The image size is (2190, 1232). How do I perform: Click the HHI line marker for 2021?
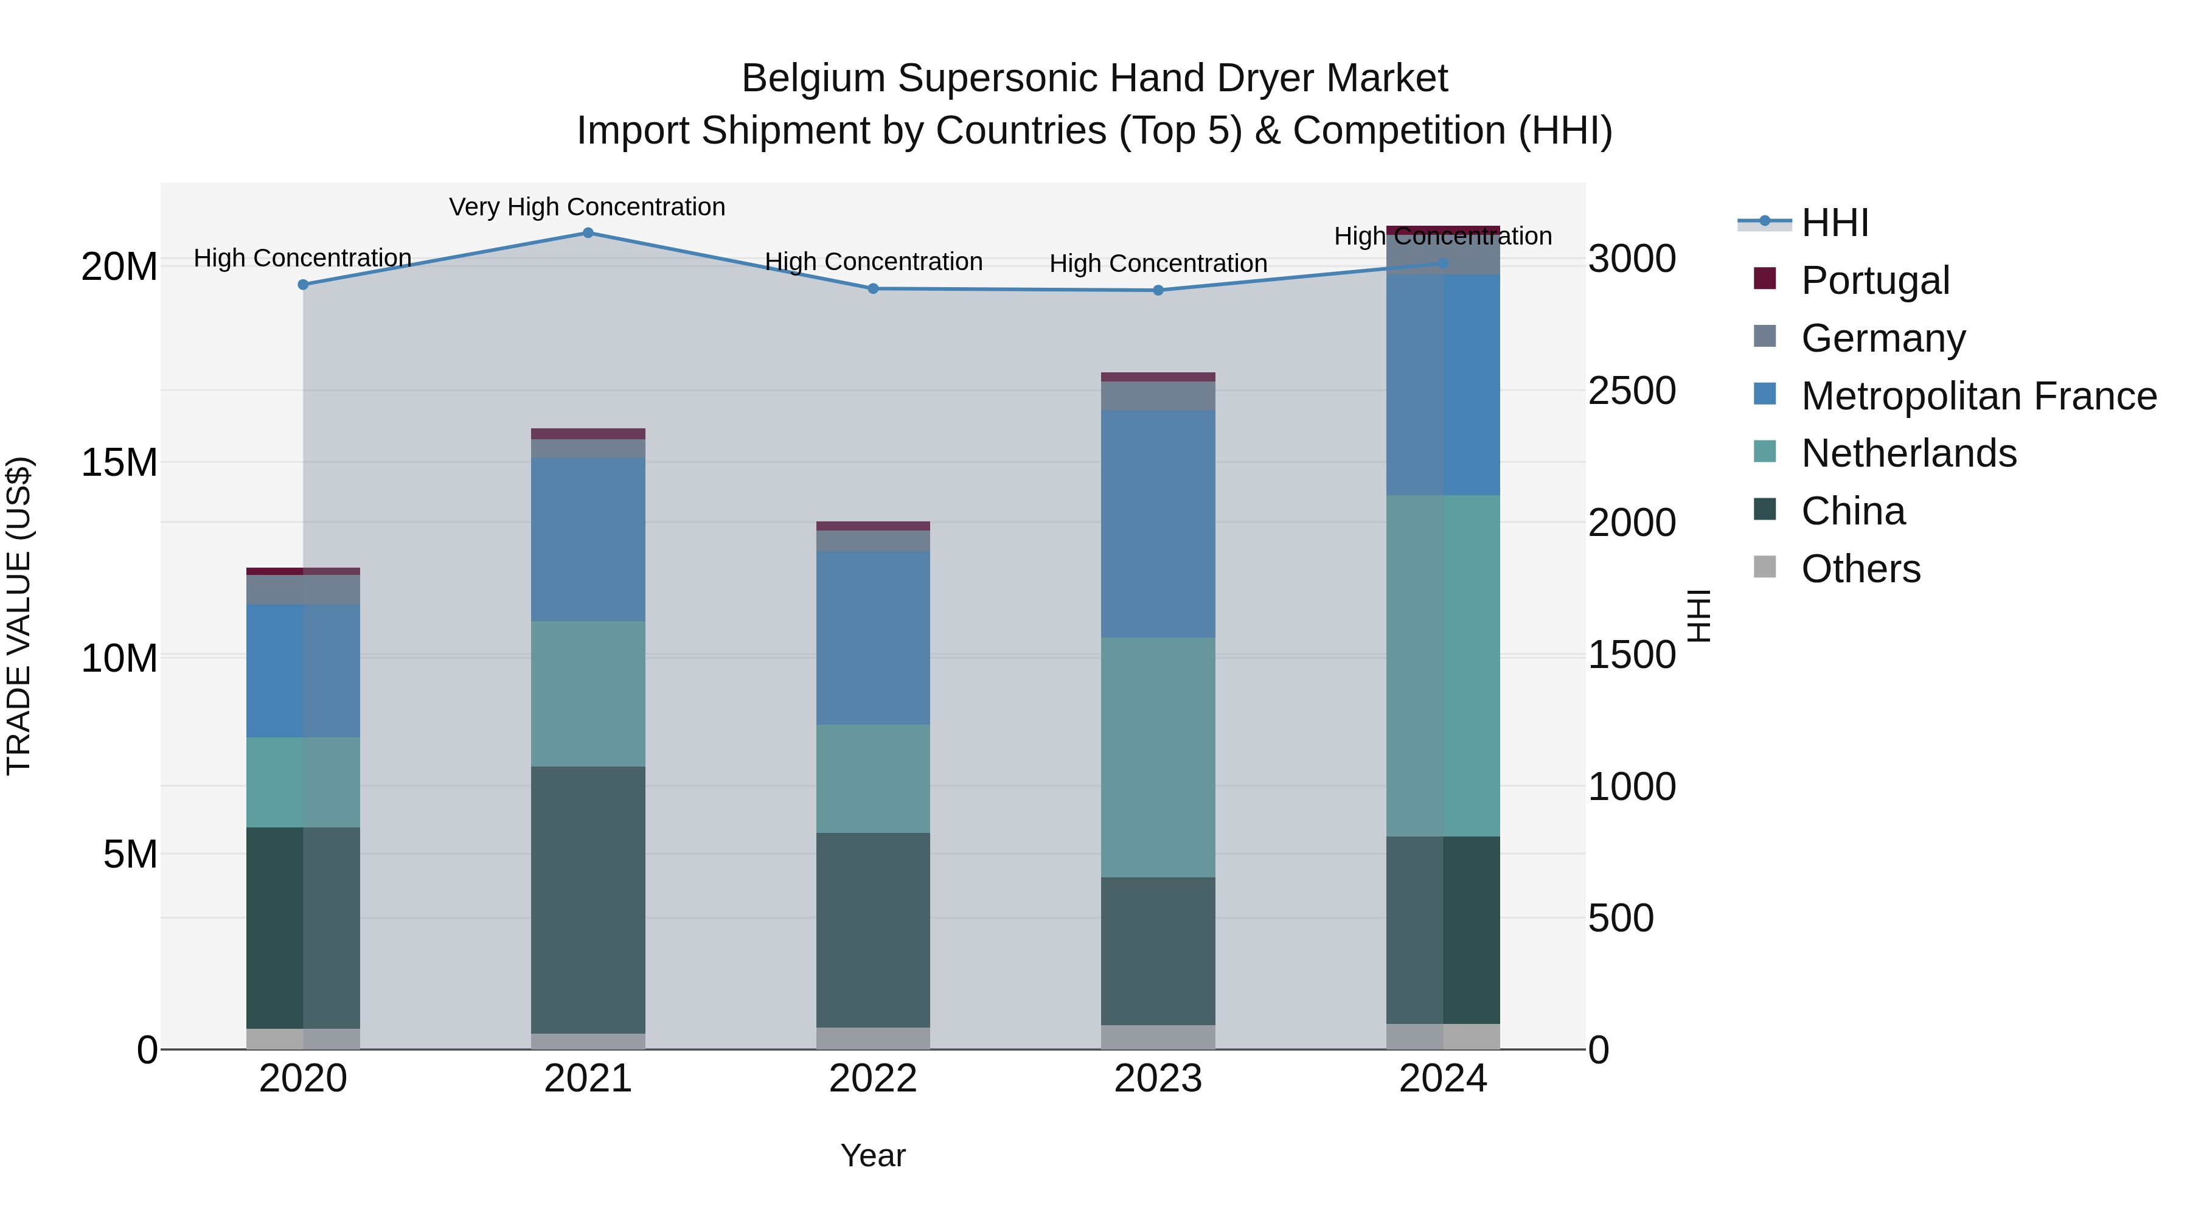coord(588,233)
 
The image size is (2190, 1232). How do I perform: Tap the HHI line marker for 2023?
coord(1158,291)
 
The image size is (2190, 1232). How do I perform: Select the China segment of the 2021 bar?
coord(588,900)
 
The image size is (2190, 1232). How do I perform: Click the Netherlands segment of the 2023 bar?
coord(1158,757)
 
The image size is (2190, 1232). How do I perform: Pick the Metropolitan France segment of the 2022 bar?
coord(873,638)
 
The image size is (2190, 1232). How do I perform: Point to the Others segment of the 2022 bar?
coord(873,1038)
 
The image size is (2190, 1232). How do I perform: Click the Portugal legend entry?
coord(1875,280)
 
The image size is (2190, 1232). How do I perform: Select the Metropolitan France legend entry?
coord(1978,396)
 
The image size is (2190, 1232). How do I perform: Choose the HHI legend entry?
coord(1835,223)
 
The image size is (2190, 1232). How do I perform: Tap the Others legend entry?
coord(1860,569)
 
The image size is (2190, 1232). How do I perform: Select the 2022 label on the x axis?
coord(873,1079)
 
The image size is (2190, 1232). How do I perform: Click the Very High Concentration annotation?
coord(588,207)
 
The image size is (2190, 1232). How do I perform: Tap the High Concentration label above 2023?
coord(1158,263)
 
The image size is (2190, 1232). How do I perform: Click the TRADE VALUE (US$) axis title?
coord(19,616)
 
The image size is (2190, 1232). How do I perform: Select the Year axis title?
coord(873,1155)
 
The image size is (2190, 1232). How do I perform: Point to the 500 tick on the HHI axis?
coord(1621,918)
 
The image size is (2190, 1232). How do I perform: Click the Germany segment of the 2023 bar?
coord(1158,396)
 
